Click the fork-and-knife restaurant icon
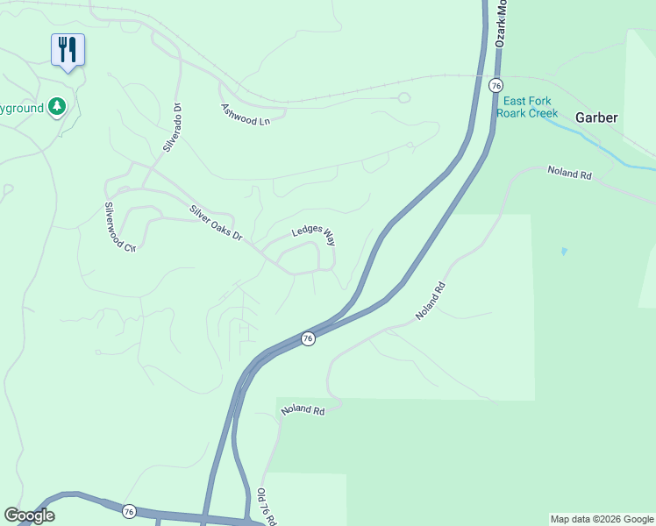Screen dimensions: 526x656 [x=68, y=50]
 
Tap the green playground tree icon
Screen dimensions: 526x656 [x=58, y=107]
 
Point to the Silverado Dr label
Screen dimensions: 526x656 [x=172, y=129]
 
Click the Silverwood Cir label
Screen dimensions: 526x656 [x=120, y=227]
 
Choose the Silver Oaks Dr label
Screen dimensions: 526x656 [x=216, y=224]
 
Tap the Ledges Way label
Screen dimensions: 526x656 [x=314, y=233]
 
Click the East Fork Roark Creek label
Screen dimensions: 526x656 [x=527, y=107]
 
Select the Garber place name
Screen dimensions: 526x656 [x=597, y=117]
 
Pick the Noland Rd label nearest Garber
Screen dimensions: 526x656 [x=570, y=174]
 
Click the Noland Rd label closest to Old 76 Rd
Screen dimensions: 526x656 [x=303, y=409]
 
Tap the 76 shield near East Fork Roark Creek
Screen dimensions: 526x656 [x=496, y=85]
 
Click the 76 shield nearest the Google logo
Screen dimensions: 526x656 [x=130, y=511]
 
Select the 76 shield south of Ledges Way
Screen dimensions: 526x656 [x=308, y=338]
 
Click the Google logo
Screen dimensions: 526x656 [x=29, y=515]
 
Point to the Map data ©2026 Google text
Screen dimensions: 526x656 [x=603, y=519]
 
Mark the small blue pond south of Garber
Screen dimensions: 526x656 [x=563, y=252]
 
